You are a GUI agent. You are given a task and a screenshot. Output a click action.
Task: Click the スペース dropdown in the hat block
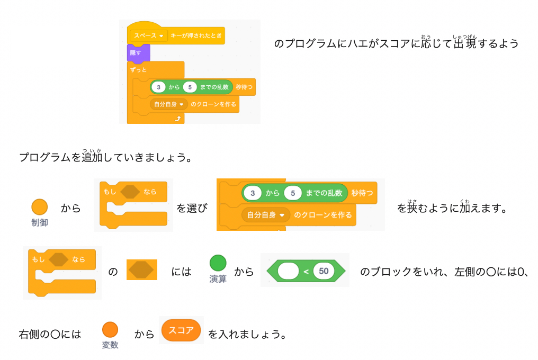point(148,35)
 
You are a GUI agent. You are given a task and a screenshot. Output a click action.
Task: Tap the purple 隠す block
point(136,52)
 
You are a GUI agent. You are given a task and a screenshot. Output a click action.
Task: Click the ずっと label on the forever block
point(138,70)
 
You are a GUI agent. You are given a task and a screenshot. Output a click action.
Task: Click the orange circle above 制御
point(39,207)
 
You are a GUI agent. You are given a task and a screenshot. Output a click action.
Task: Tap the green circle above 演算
point(218,263)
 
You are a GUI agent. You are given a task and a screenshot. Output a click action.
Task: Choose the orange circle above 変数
point(110,329)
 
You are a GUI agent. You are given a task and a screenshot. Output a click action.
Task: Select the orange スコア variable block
point(181,330)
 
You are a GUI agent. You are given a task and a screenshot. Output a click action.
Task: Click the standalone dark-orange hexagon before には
point(141,270)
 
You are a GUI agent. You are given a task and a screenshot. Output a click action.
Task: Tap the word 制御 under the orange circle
point(39,223)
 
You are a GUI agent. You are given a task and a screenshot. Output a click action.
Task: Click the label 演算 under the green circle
point(218,279)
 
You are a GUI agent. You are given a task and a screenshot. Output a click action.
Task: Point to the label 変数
point(110,345)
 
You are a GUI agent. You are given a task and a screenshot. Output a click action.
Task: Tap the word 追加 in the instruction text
point(92,158)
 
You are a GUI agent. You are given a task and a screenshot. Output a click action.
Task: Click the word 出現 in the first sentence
point(465,44)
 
